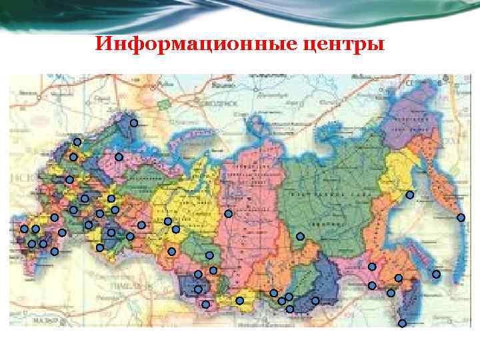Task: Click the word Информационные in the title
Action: point(186,45)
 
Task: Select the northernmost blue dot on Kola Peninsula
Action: point(134,123)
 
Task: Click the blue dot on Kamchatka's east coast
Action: point(461,218)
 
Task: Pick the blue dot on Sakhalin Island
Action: point(437,274)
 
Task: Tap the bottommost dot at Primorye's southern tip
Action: point(402,323)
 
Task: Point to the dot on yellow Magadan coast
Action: point(410,195)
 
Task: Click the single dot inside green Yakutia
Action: point(300,236)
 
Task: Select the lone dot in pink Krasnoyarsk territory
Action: point(228,214)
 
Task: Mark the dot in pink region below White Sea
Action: point(119,157)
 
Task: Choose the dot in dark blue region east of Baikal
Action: point(315,300)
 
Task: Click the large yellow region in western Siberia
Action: point(180,200)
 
